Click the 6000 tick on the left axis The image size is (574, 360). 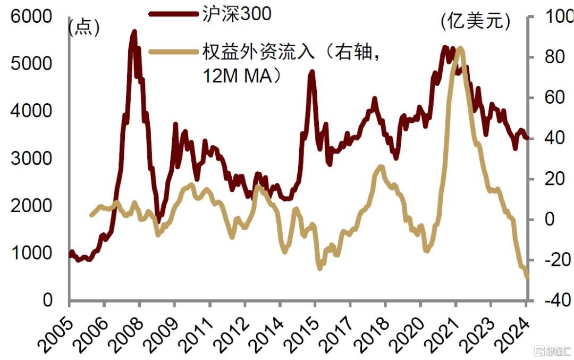37,17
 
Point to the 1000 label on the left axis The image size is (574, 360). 37,253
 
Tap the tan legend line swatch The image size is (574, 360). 172,52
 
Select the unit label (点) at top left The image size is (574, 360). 84,27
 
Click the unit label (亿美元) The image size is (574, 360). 476,22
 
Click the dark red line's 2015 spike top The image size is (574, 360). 311,72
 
